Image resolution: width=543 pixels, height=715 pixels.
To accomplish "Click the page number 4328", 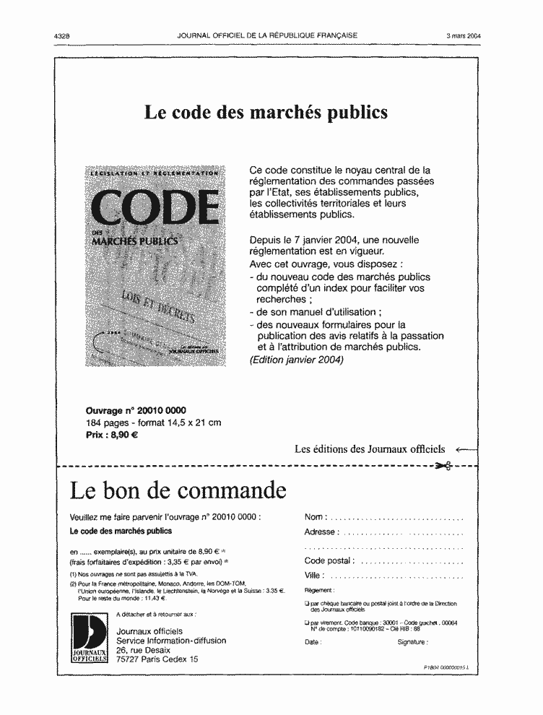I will pos(66,35).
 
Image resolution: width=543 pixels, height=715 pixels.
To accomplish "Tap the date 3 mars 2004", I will pos(463,35).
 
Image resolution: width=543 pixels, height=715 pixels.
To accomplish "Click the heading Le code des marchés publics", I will pos(266,113).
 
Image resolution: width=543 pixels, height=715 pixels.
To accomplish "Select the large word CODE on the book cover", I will pos(157,209).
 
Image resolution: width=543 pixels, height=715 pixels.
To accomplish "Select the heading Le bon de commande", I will pos(178,491).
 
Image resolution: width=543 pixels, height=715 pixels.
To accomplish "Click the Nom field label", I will pos(316,517).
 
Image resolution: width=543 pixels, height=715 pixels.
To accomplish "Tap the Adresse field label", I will pos(320,532).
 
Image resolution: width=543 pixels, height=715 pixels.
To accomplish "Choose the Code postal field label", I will pos(329,560).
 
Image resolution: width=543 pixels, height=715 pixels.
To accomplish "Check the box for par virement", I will pos(308,623).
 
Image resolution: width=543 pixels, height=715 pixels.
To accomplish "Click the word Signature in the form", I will pos(412,641).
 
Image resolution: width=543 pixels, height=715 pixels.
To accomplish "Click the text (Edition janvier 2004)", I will pos(295,360).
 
